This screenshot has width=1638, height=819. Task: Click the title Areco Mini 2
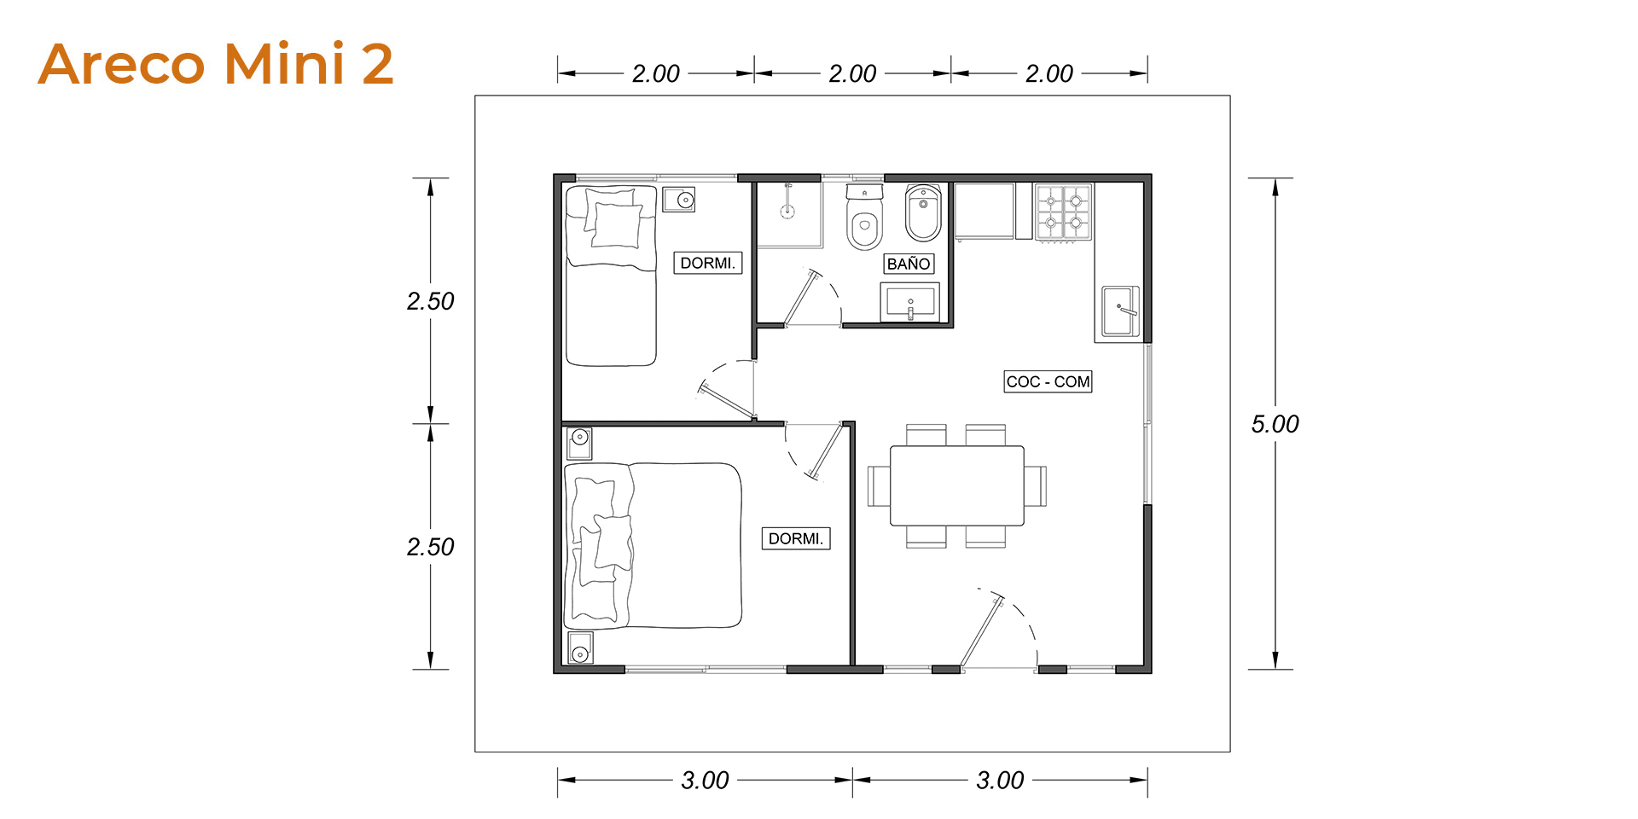(216, 64)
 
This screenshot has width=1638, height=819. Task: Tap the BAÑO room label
(909, 264)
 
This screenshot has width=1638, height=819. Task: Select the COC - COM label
(1048, 381)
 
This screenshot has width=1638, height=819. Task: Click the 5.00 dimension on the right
(1275, 424)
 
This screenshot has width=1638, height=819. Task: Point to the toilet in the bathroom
(864, 218)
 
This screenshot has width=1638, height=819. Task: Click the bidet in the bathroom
(923, 213)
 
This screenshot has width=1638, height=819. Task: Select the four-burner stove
(1064, 212)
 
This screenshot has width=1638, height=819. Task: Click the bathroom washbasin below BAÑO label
(910, 303)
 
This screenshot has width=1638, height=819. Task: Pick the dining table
(956, 485)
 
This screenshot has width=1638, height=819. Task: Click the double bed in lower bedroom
(653, 545)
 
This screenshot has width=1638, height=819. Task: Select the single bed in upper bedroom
(611, 276)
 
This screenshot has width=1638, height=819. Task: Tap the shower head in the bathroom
(788, 201)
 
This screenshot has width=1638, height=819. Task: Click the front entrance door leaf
(979, 632)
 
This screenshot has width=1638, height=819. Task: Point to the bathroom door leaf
(802, 298)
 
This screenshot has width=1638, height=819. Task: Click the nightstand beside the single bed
(679, 200)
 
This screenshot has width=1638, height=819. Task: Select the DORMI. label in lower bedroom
(796, 538)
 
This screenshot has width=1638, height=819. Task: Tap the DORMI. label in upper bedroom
(707, 263)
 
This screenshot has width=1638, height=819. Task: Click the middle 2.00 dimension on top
(852, 73)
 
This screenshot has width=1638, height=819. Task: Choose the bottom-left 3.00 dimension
(705, 780)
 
